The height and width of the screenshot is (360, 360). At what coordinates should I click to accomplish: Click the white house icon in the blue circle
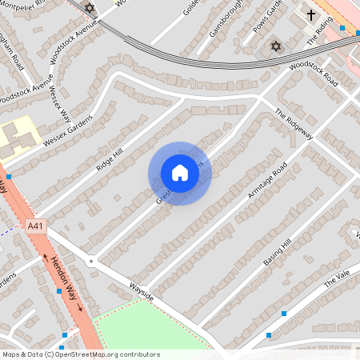[179, 172]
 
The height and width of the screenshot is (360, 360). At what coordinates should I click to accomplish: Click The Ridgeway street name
[293, 125]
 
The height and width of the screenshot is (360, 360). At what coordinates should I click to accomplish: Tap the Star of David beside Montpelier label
[89, 9]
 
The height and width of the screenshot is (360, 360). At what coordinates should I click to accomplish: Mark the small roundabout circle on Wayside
[92, 261]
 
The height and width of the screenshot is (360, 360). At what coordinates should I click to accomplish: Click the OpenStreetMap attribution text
[80, 354]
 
